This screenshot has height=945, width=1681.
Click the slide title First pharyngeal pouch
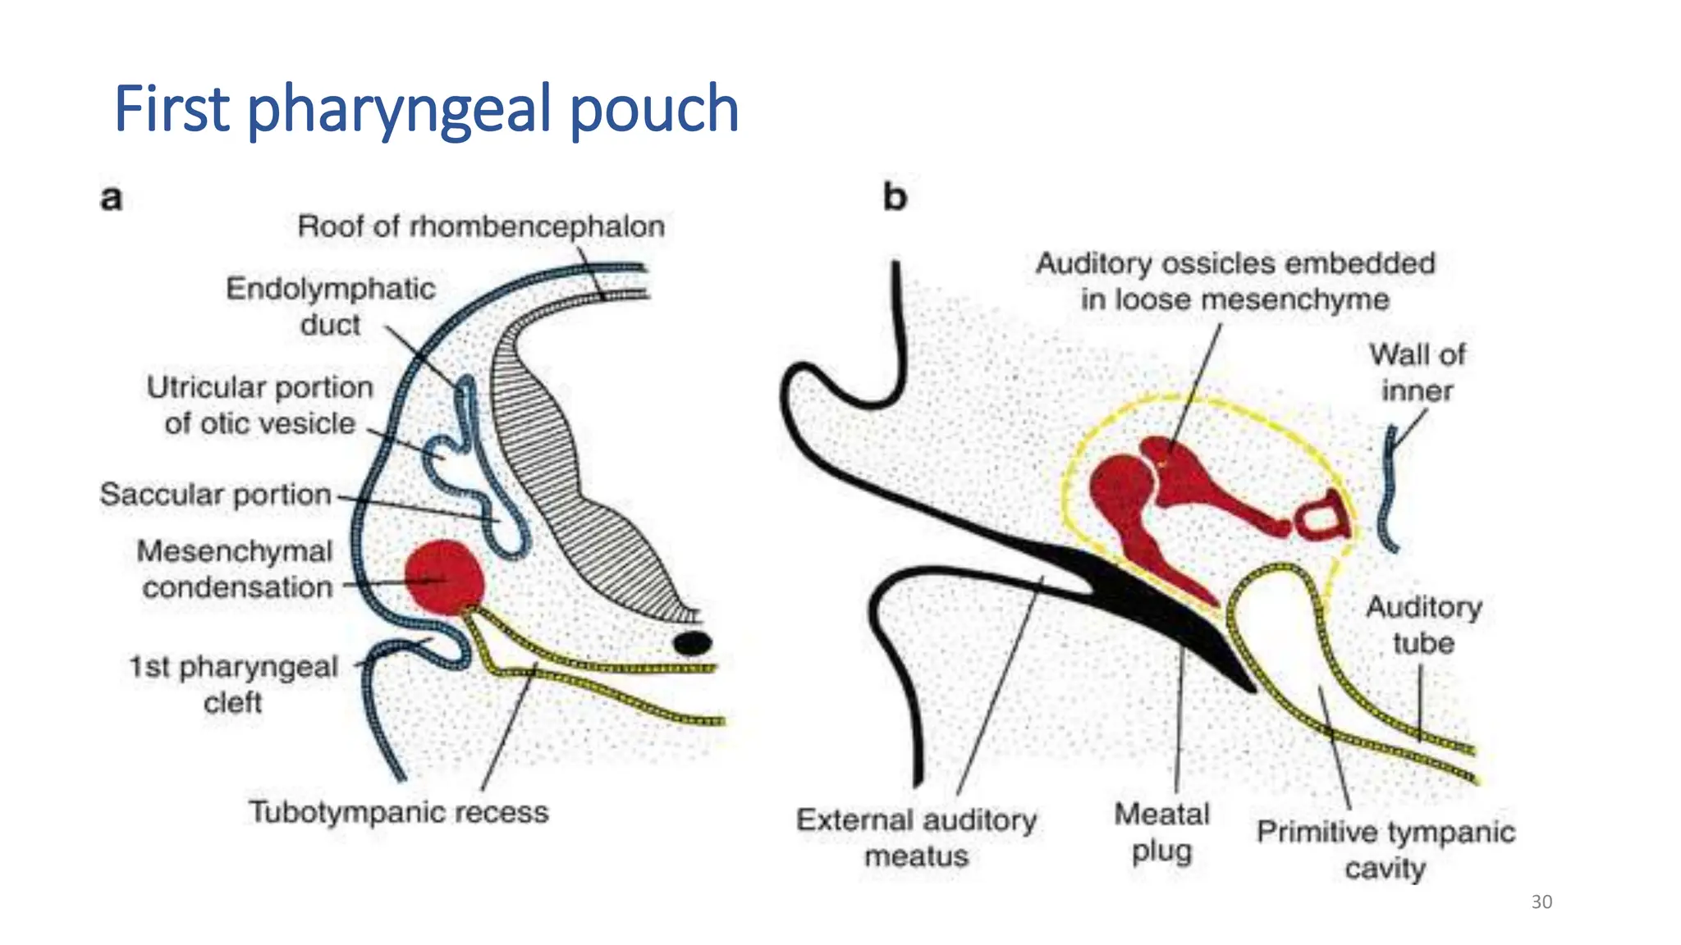(426, 108)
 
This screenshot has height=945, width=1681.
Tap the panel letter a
(112, 199)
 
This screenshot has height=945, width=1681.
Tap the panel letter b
(895, 197)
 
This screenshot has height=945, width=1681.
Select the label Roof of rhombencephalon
(481, 226)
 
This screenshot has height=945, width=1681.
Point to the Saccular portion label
(215, 495)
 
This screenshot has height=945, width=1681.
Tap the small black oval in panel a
(692, 643)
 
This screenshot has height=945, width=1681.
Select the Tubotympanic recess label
(399, 812)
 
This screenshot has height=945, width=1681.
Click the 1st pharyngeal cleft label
(233, 684)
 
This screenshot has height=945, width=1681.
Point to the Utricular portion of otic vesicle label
(259, 405)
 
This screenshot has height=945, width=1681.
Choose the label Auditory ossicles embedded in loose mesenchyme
(1234, 281)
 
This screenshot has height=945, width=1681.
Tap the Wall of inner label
(1417, 372)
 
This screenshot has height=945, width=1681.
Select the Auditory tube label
(1423, 625)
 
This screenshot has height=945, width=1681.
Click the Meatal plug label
(1161, 832)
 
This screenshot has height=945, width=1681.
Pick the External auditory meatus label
(916, 838)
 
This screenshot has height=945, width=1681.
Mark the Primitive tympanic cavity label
(1386, 849)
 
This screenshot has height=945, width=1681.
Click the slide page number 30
(1541, 902)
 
